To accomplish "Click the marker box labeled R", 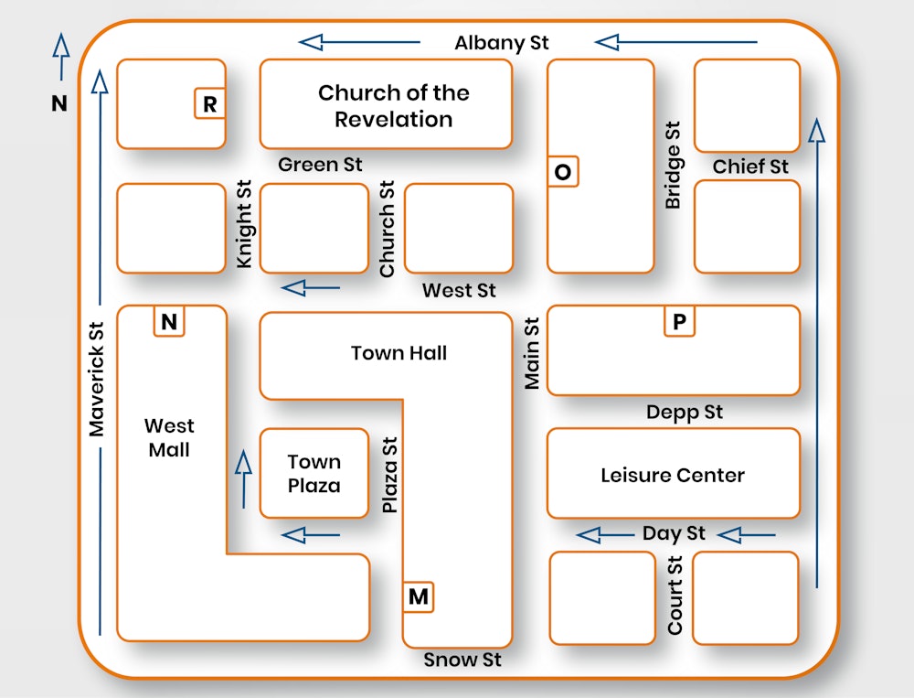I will coord(209,104).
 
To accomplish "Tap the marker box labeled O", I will coord(562,172).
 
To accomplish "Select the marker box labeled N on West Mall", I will coord(168,321).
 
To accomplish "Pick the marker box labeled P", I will coord(678,322).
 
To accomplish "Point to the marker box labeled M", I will coord(418,597).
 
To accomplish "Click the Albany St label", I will coord(502,43).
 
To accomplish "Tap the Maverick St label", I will coord(97,378).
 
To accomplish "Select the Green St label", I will coord(320,165).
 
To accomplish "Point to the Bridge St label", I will coord(673,166).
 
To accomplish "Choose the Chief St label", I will coord(750,166).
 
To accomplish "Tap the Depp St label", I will coord(685,413).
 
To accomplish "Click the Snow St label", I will coord(462,660).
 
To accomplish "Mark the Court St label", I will coord(675,596).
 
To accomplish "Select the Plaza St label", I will coord(390,474).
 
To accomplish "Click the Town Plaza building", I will coord(314,473).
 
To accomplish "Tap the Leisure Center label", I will coord(673,476).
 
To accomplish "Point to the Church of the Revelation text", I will coord(393,105).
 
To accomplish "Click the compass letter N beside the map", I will coord(59,103).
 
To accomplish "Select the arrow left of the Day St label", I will coord(605,534).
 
